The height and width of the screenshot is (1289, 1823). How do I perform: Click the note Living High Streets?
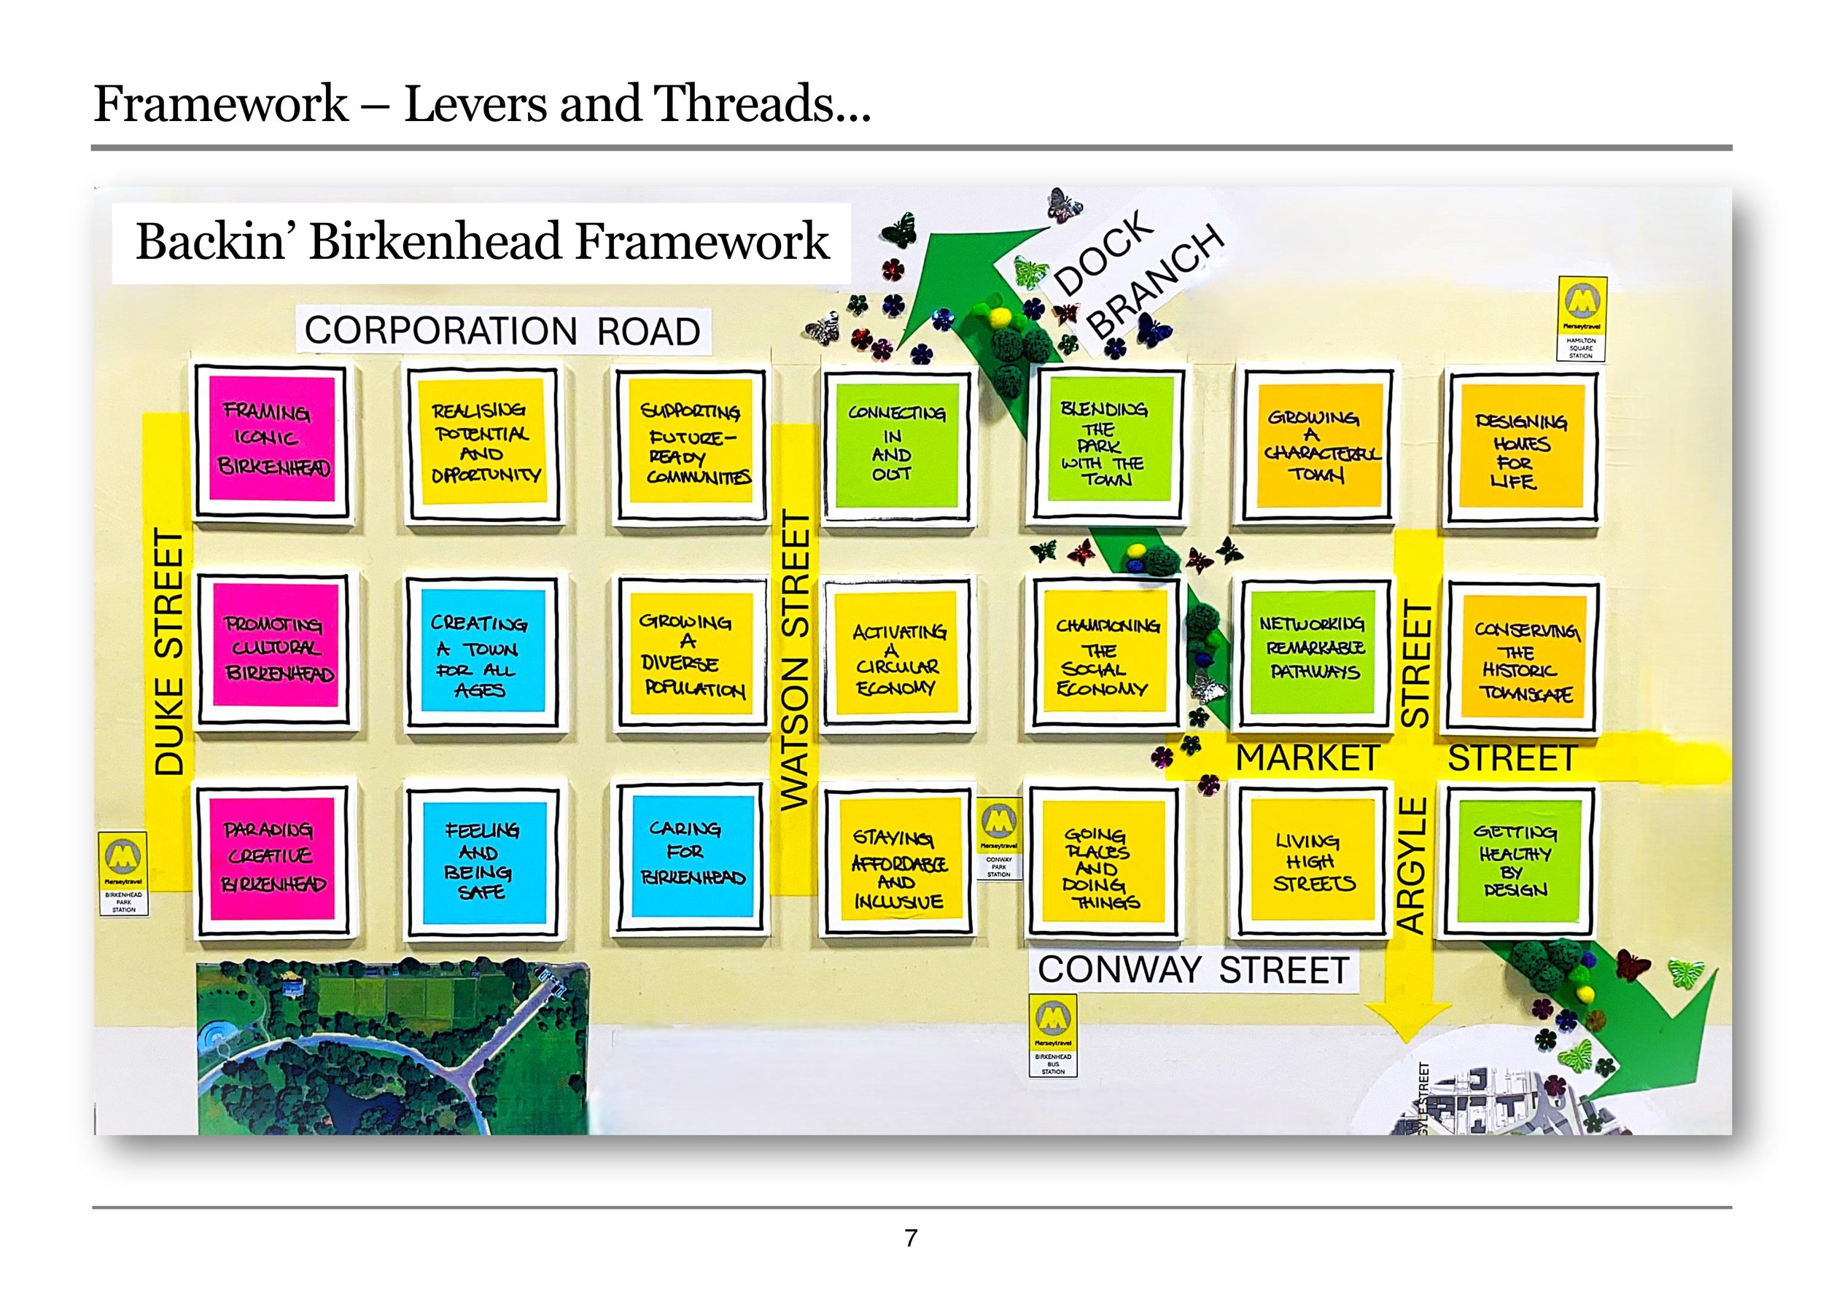click(1312, 860)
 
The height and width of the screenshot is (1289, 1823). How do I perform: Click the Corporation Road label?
click(502, 330)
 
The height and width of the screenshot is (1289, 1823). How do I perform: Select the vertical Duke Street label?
click(169, 651)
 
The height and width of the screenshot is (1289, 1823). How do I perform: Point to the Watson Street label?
click(795, 659)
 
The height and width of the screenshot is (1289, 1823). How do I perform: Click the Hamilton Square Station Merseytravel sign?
click(1581, 317)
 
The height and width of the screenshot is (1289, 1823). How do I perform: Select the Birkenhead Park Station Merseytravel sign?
click(124, 872)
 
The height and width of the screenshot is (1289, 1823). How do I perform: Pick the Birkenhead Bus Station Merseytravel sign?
click(1053, 1036)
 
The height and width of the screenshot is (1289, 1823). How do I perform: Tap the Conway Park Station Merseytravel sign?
click(998, 840)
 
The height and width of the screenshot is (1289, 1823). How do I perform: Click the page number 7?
click(911, 1237)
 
